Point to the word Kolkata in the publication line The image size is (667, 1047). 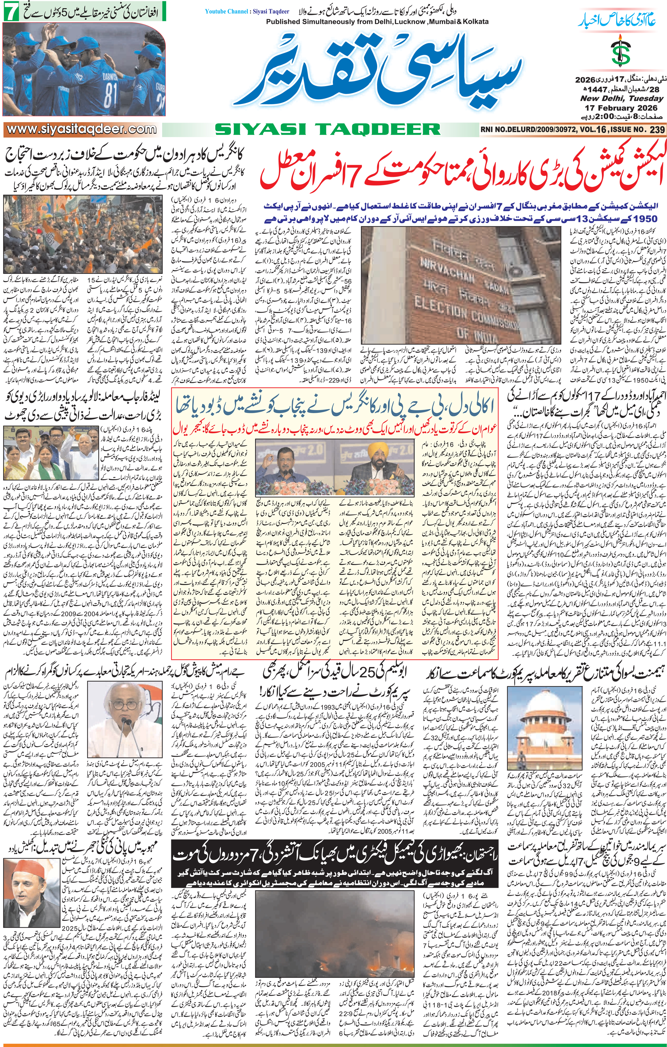point(471,21)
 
